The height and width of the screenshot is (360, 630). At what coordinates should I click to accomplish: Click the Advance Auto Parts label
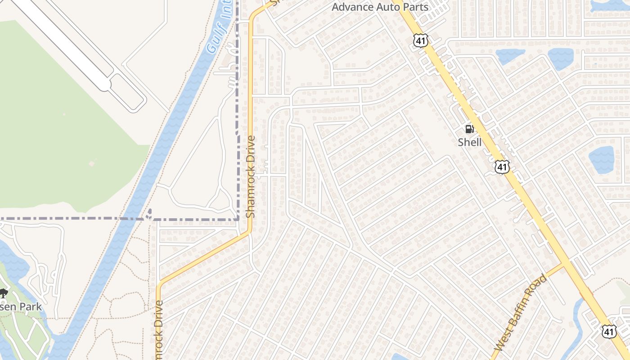coord(380,7)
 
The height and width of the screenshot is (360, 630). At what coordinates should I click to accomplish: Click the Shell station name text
coord(469,142)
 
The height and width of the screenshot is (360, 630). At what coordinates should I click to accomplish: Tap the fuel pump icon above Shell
coord(469,130)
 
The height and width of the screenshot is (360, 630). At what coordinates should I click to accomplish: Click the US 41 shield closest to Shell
coord(502,167)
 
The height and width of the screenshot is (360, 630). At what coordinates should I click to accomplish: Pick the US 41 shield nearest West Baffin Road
coord(609,332)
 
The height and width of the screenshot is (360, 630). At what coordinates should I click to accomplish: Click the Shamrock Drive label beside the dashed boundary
coord(251,177)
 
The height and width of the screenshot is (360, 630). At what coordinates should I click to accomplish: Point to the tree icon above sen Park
coord(4,293)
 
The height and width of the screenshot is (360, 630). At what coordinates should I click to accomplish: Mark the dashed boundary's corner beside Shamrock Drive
coord(238,219)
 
